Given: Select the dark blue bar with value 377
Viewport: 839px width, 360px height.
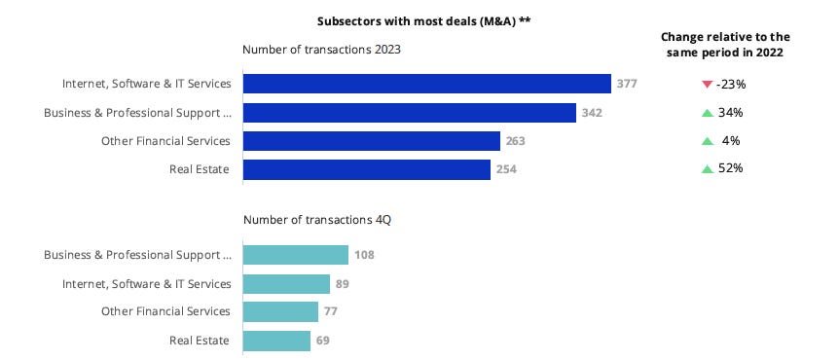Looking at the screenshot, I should tap(426, 84).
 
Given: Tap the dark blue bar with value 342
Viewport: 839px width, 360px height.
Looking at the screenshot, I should tap(409, 113).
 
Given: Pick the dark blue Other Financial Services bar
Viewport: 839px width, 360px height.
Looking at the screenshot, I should tap(371, 141).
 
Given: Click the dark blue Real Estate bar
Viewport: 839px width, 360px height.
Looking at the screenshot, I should tap(366, 169).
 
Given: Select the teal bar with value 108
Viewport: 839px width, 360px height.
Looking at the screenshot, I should tap(295, 255).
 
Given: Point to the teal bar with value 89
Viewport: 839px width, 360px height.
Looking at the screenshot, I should tap(286, 284).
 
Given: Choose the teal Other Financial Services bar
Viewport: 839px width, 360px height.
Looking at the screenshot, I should tap(280, 311).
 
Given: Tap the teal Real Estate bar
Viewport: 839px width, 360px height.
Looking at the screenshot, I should tap(276, 341).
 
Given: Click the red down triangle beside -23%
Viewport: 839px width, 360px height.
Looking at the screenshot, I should tap(707, 85).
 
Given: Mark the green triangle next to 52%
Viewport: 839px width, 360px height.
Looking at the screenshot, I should tap(707, 169).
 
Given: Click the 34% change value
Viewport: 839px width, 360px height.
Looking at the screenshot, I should tap(730, 113).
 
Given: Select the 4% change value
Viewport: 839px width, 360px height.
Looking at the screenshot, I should tap(732, 141).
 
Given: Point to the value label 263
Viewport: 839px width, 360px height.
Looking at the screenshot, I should tap(516, 142).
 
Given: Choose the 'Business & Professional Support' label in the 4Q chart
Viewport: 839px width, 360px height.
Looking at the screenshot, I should tap(137, 255).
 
